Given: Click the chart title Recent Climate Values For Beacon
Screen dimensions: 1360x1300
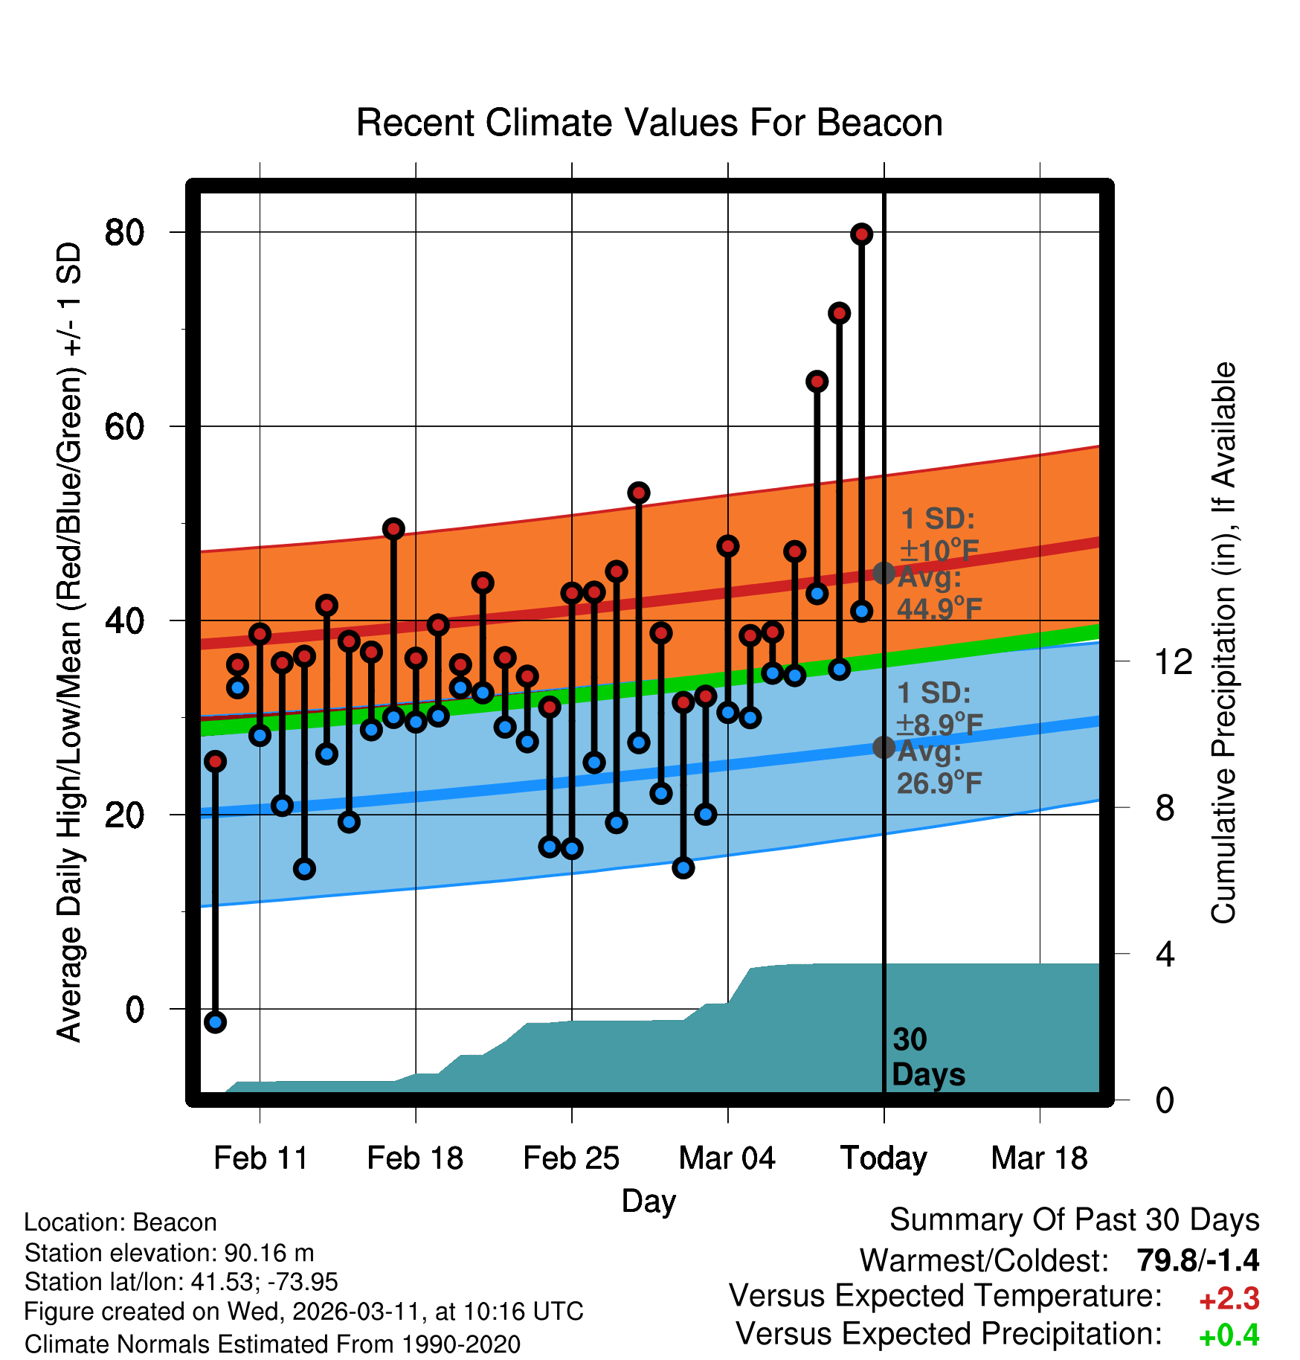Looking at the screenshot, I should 649,123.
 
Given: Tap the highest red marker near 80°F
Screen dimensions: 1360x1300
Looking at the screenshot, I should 861,234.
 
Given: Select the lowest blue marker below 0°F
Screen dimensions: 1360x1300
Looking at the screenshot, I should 215,1022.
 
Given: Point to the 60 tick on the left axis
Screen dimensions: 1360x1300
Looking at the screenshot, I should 124,427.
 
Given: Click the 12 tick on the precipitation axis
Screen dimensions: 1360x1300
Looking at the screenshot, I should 1173,661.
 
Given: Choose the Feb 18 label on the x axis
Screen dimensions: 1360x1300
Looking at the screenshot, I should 415,1158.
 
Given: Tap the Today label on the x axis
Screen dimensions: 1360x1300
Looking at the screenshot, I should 884,1158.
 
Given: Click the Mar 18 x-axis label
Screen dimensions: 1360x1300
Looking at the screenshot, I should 1039,1158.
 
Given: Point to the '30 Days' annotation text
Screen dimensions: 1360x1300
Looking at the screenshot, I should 927,1057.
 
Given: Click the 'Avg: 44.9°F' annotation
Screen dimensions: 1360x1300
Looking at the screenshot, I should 939,593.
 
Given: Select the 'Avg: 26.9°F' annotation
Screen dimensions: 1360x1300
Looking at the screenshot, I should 939,767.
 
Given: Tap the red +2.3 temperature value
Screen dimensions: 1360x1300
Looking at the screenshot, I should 1229,1299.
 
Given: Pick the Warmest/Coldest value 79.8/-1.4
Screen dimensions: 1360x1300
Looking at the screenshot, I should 1197,1260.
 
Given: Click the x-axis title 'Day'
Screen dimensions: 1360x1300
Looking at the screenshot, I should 649,1201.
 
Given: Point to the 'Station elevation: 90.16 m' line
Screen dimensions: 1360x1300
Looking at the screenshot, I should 169,1253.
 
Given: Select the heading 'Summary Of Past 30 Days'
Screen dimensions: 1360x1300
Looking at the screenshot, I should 1074,1220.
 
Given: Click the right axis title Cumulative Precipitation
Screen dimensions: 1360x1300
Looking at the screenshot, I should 1223,643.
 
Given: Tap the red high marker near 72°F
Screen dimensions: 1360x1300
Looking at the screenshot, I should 839,313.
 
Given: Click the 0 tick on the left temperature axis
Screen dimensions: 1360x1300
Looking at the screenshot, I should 135,1010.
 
